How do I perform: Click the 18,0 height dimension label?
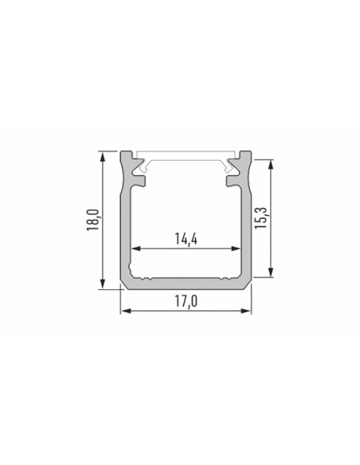pyautogui.click(x=92, y=220)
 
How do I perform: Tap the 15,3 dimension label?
pyautogui.click(x=261, y=217)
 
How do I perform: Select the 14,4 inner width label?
pyautogui.click(x=186, y=239)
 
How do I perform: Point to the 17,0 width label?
pyautogui.click(x=186, y=302)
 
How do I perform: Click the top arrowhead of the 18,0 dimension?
pyautogui.click(x=103, y=157)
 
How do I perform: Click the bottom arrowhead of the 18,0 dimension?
pyautogui.click(x=103, y=283)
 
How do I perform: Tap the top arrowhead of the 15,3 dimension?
pyautogui.click(x=270, y=165)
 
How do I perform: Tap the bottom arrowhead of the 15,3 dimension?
pyautogui.click(x=270, y=272)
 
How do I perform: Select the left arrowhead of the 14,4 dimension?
pyautogui.click(x=136, y=248)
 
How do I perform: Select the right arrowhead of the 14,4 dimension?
pyautogui.click(x=235, y=248)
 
